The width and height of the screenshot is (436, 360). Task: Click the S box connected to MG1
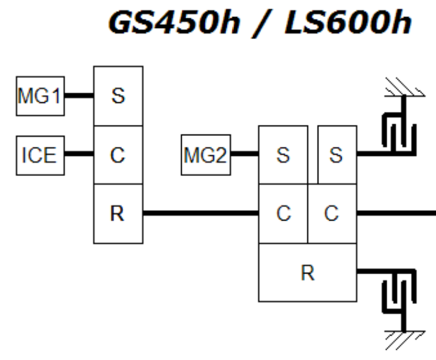118,96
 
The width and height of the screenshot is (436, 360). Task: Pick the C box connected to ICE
118,155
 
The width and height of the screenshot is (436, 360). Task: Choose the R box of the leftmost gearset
118,214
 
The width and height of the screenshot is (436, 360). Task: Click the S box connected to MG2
283,155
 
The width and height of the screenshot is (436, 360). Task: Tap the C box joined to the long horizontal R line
283,214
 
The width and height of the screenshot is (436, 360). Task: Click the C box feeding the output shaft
332,214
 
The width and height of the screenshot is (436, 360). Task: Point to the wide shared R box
307,272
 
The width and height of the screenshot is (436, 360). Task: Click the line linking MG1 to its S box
79,96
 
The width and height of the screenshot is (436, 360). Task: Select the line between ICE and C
79,155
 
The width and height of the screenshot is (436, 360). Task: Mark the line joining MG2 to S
243,155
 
